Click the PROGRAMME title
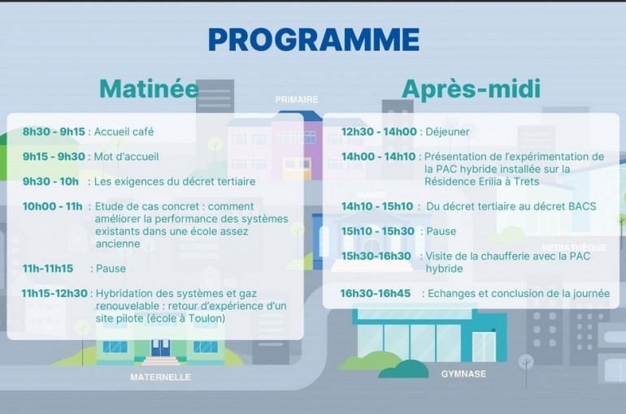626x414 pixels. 313,40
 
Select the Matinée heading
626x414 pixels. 149,88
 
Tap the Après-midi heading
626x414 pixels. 471,89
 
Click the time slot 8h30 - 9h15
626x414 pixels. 54,132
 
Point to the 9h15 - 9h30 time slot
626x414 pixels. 54,157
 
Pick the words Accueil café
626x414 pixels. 124,132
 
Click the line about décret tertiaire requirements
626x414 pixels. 175,182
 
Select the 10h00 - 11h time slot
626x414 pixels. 52,206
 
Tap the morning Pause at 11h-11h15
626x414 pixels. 111,269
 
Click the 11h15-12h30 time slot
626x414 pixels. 54,294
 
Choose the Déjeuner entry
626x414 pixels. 447,132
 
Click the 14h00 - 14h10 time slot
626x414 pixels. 379,157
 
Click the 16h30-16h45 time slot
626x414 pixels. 376,294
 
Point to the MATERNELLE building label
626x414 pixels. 160,377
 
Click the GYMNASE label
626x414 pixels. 463,373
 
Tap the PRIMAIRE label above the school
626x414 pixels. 297,99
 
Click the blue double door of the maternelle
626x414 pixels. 160,347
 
